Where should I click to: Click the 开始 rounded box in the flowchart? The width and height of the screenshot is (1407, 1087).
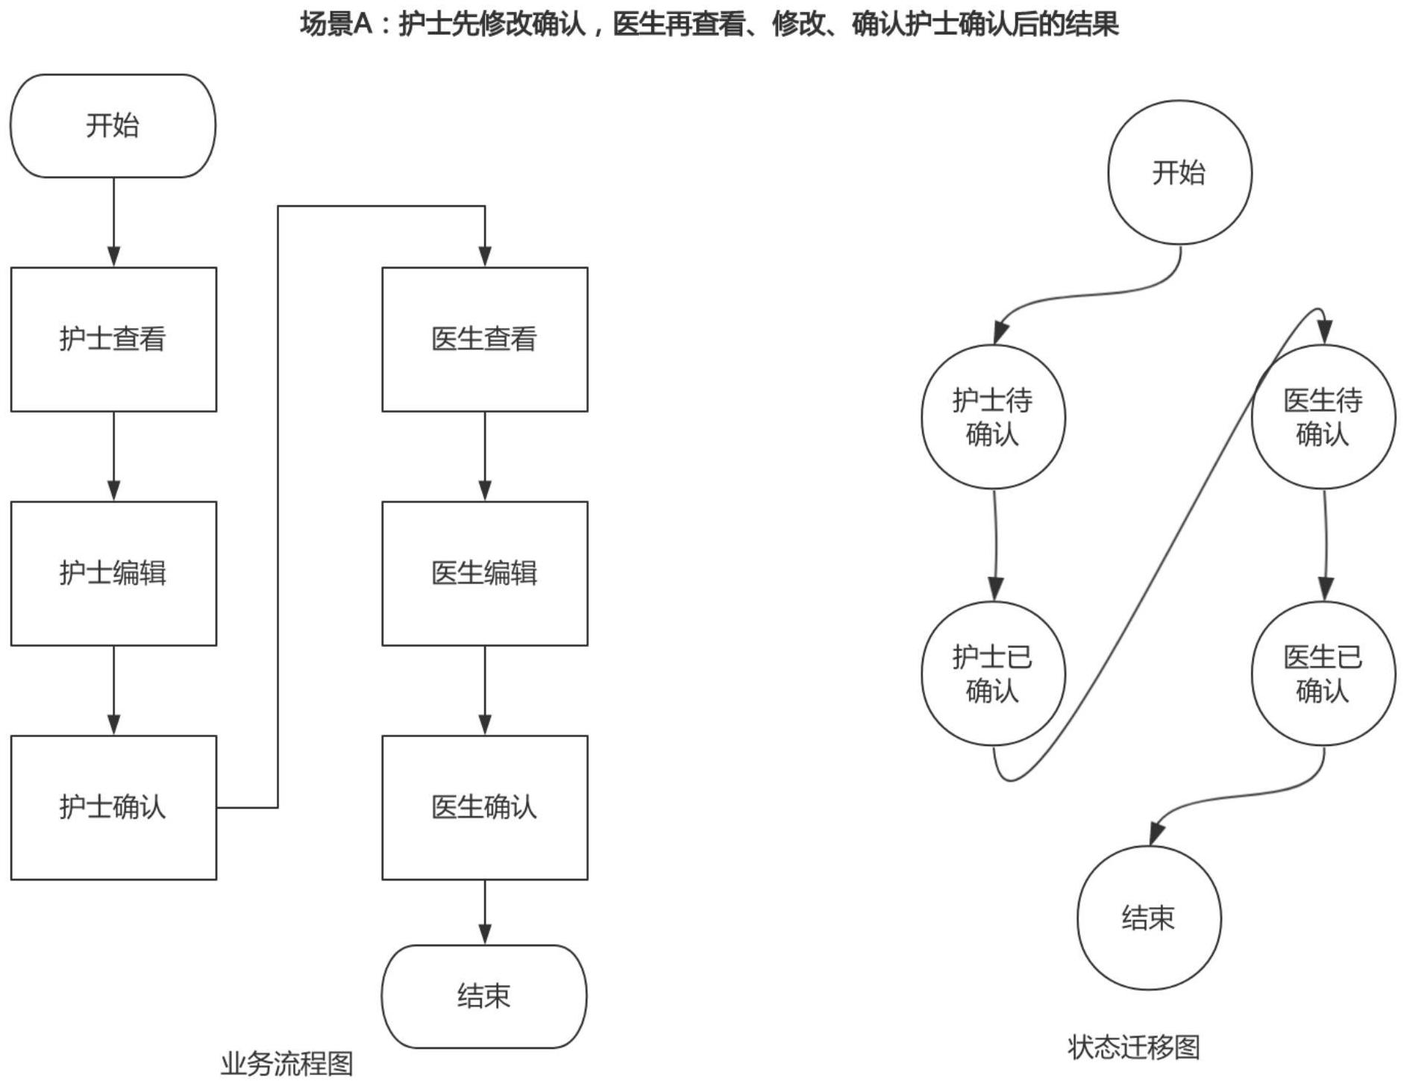113,126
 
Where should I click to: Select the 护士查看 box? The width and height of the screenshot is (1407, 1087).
113,339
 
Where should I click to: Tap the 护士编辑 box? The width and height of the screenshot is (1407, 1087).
113,573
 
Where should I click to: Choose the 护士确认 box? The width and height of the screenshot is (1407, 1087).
113,807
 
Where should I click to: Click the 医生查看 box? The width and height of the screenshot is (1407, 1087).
485,339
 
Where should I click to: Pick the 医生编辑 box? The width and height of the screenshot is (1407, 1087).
485,573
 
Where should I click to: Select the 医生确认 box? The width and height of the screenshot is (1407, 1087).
485,807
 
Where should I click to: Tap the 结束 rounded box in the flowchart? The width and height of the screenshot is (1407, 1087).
484,996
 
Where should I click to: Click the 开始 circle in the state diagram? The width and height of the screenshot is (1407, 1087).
1179,172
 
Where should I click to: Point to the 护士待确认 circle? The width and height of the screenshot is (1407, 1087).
993,417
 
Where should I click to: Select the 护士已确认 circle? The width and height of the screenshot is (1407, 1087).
993,674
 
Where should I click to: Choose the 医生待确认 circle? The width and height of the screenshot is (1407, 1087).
1323,417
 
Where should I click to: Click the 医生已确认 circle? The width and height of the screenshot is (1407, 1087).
1323,674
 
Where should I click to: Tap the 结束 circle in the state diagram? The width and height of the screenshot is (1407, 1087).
1149,918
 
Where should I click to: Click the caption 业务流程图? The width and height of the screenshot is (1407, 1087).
286,1063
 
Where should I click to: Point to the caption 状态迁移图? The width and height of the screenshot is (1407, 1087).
1133,1047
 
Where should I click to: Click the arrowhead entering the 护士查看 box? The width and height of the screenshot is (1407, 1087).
113,256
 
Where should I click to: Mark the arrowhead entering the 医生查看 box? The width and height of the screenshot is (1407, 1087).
485,256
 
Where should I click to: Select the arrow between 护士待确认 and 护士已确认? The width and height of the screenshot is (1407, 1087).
995,545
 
